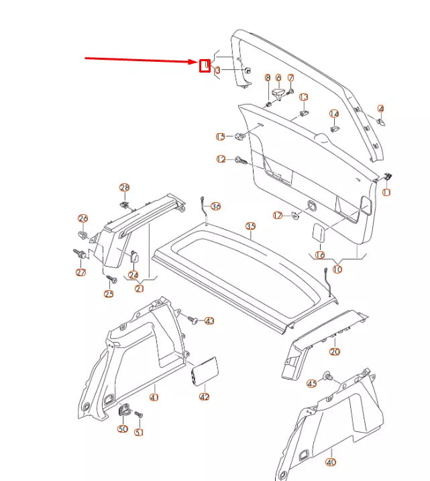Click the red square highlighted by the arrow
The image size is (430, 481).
pos(205,65)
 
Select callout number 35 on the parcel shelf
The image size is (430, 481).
pos(250,226)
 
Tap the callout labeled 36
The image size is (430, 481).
pos(215,206)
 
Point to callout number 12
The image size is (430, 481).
pos(221,159)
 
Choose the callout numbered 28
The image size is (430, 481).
pos(124,187)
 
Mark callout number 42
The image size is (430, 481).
pos(205,396)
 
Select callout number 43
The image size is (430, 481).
pos(209,321)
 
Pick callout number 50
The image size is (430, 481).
pos(123,429)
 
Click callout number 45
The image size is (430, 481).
pos(311,384)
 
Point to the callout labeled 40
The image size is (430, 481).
pos(331,462)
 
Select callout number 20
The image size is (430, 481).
pos(335,351)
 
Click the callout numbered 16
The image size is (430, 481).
pos(319,255)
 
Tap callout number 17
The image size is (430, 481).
pos(277,215)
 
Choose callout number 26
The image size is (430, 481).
pos(83,218)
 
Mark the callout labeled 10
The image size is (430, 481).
pos(337,269)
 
